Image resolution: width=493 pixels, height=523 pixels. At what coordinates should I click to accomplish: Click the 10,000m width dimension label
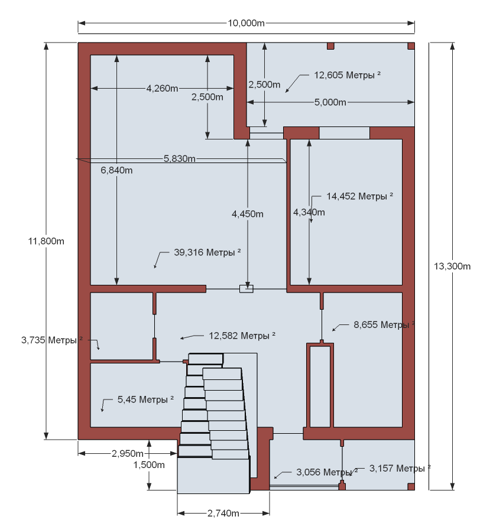tap(246, 23)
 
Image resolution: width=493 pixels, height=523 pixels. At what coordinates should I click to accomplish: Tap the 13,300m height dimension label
tap(452, 266)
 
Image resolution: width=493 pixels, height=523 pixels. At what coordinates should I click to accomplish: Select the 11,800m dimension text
tap(46, 241)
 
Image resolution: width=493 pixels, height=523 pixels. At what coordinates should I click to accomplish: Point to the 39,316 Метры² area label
tap(207, 252)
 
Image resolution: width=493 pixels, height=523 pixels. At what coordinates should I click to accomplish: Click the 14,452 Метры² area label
tap(359, 196)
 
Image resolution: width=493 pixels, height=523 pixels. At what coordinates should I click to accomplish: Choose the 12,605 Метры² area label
tap(347, 75)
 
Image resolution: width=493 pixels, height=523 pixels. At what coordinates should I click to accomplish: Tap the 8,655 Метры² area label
tap(384, 324)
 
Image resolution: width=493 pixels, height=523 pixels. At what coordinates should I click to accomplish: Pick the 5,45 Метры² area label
tap(145, 399)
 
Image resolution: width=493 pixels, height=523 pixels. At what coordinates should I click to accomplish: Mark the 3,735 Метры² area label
tap(51, 340)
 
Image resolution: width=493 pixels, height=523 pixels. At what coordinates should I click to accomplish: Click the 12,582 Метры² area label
tap(242, 335)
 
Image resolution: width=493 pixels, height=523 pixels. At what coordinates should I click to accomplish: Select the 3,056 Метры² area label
tap(327, 472)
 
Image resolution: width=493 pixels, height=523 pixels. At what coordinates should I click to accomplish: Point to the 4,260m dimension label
tap(162, 89)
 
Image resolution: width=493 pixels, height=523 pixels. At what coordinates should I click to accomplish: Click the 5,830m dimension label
tap(180, 158)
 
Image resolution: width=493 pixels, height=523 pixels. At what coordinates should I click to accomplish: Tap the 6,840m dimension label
tap(116, 170)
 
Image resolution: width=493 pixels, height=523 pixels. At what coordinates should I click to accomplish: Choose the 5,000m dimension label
tap(330, 102)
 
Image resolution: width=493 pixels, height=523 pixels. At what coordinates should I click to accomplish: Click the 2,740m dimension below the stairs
tap(223, 513)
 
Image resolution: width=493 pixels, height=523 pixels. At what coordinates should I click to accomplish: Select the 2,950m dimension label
tap(128, 453)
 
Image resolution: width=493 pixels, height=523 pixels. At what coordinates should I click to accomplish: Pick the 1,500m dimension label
tap(149, 464)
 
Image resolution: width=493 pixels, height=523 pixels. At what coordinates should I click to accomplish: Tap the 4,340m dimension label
tap(309, 212)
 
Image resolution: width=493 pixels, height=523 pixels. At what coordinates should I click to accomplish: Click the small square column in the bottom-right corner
tap(411, 486)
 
